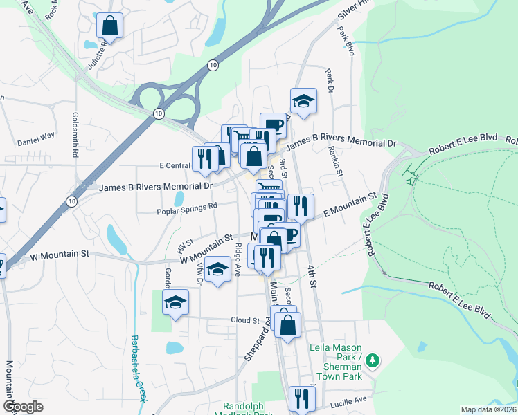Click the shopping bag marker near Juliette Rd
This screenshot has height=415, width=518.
tap(109, 26)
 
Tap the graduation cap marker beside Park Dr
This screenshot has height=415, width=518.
tap(303, 102)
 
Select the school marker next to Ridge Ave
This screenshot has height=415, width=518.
tap(217, 269)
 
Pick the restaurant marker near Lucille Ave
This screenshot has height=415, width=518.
tap(302, 398)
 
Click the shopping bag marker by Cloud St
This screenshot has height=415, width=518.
tap(287, 323)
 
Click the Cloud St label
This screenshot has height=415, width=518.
tap(245, 321)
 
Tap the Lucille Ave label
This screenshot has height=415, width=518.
tap(351, 400)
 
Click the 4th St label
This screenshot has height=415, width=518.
tap(313, 274)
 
